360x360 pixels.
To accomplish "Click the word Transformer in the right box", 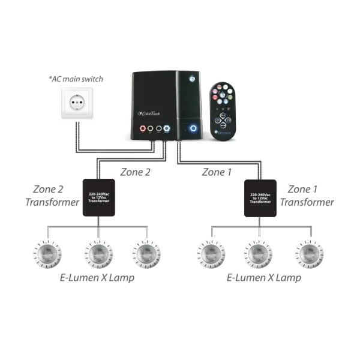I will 259,202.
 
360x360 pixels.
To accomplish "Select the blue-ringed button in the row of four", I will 166,128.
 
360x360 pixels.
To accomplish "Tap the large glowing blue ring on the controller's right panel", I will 193,127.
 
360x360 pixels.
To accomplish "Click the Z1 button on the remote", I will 217,119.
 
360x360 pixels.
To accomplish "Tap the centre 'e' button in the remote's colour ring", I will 223,94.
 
